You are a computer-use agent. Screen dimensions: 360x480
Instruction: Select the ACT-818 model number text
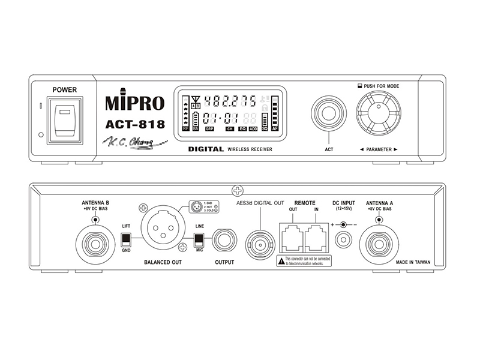point(135,125)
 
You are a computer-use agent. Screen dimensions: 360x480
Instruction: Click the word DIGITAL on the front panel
point(206,149)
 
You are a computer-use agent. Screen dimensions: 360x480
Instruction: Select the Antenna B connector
point(95,243)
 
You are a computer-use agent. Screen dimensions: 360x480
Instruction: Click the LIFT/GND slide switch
point(126,240)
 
